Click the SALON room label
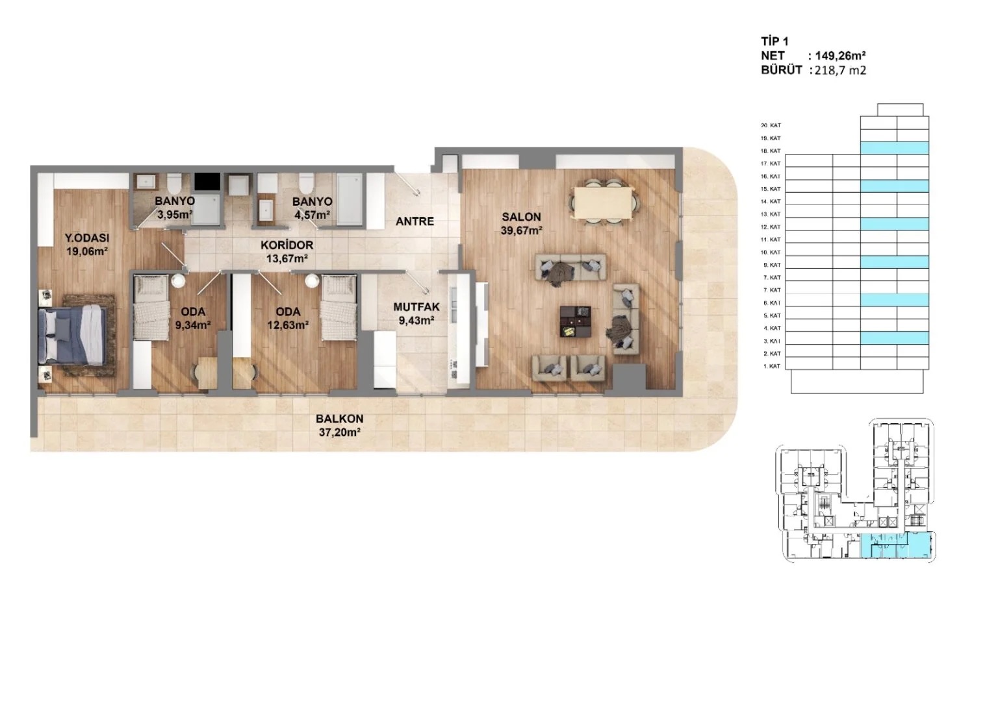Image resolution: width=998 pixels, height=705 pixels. pos(521,217)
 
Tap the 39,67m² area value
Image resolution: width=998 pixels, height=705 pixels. pos(521,230)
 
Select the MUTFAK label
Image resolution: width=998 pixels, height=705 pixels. pos(416,307)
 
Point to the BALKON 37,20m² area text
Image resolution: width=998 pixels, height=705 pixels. pos(339,432)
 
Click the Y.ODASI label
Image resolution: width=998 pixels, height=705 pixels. pos(87,238)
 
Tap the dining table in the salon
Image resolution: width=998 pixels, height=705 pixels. pos(603,202)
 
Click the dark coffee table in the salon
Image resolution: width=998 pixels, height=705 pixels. pos(576,321)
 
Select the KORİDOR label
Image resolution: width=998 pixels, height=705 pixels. pos(287,245)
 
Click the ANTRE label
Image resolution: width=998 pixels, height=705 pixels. pos(415,221)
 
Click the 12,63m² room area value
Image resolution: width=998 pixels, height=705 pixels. pos(287,325)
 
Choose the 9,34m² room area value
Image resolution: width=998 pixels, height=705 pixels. pos(192,325)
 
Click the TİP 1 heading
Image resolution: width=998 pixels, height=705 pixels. pos(774,42)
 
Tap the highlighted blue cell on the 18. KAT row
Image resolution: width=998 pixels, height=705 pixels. pos(895,149)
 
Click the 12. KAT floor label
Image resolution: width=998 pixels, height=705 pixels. pos(771,227)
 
